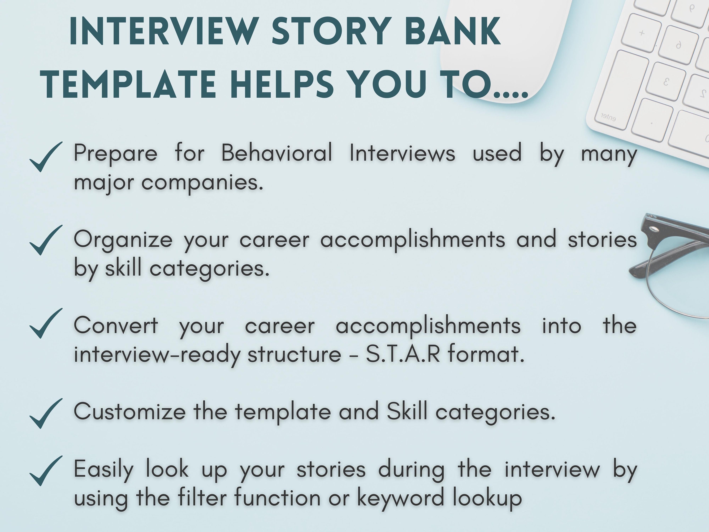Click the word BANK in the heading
pos(453,31)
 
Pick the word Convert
pos(116,326)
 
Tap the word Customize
pos(130,411)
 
